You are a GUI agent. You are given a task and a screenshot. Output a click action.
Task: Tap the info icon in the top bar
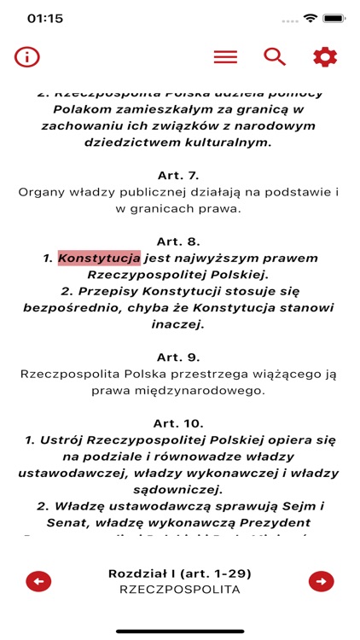click(27, 57)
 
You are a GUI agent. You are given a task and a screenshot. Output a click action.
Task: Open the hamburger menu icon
click(225, 57)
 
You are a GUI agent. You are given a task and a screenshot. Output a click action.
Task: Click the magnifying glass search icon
click(274, 57)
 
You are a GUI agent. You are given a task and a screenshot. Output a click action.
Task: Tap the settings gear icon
click(325, 57)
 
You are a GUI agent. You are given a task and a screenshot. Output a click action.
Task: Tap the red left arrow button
click(38, 581)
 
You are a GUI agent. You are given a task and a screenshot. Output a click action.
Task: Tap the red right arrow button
click(321, 581)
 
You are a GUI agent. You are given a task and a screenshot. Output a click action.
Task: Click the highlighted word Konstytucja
click(99, 258)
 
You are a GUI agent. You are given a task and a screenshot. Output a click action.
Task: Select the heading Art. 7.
click(179, 176)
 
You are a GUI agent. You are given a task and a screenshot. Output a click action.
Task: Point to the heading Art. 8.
click(179, 241)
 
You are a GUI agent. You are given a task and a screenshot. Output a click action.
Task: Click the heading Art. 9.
click(179, 357)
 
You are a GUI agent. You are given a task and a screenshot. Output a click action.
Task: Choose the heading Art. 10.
click(179, 422)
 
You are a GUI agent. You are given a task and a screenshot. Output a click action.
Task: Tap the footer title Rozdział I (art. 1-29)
click(179, 573)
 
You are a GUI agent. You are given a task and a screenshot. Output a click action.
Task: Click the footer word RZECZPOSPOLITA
click(179, 589)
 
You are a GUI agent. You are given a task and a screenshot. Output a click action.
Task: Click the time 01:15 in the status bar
click(45, 18)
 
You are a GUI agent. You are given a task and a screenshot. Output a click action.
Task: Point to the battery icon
click(332, 18)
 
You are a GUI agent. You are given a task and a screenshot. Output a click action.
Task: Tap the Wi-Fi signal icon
click(310, 18)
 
